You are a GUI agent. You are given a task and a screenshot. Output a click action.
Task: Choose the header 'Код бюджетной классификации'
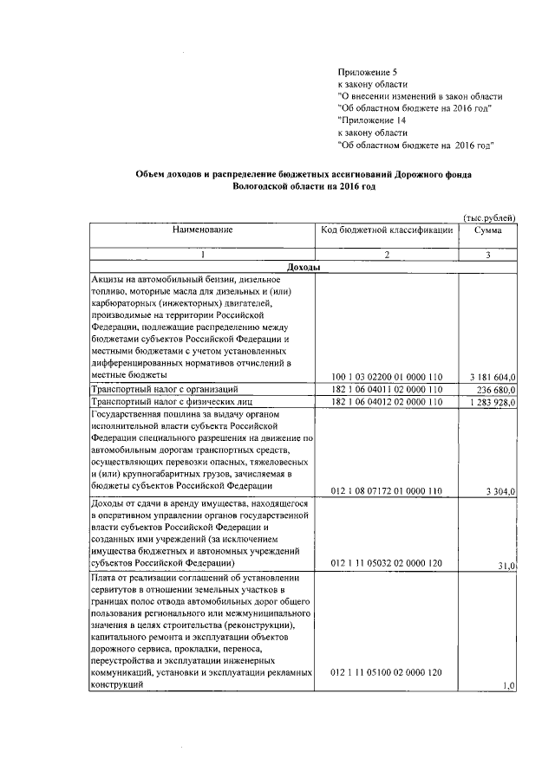click(387, 230)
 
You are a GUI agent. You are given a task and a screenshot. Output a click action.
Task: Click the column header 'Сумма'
click(488, 230)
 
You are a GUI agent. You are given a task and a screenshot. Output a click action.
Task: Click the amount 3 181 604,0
click(488, 377)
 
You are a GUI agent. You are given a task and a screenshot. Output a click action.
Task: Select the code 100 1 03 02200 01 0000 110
click(387, 377)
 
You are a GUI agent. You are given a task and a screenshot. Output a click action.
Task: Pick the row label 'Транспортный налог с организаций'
click(153, 391)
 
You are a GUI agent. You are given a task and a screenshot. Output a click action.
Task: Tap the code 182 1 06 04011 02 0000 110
click(387, 391)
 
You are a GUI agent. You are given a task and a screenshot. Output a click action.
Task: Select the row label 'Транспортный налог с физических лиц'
click(160, 403)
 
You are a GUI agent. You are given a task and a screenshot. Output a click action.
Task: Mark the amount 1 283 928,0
click(488, 403)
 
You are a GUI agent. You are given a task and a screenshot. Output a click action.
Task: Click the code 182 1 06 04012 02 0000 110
click(387, 403)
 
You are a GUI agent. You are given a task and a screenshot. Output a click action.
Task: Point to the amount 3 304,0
click(500, 491)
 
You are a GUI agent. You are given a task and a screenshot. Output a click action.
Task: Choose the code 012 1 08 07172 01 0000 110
click(387, 491)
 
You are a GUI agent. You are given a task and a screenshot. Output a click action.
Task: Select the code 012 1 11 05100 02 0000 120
click(387, 672)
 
